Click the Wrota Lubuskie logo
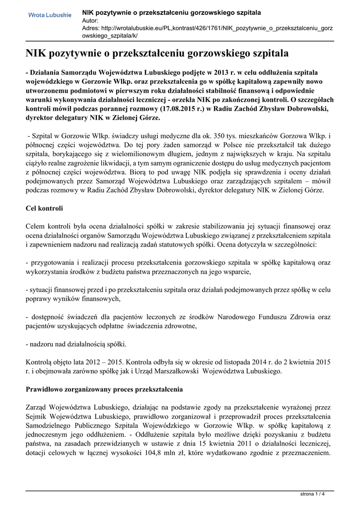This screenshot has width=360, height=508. pos(49,15)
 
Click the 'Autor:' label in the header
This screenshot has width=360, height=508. pos(90,20)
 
